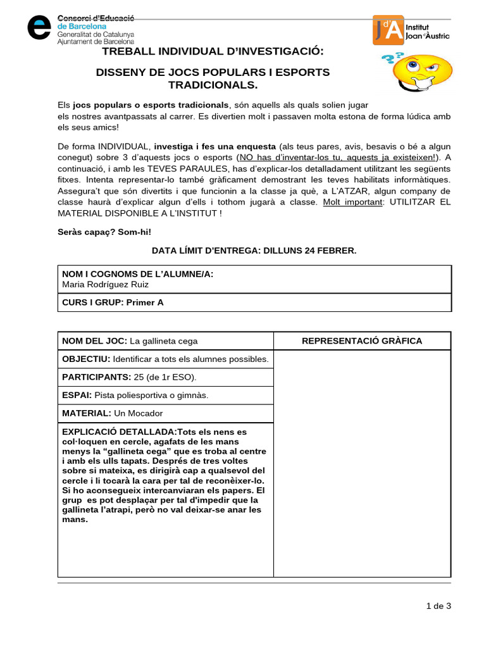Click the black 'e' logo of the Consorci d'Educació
(x=39, y=27)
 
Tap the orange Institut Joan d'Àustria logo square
(x=387, y=30)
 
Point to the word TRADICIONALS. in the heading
(x=213, y=85)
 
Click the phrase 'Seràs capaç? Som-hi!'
(x=104, y=232)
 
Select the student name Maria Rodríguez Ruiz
(x=105, y=284)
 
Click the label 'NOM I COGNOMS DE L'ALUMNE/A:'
(x=137, y=274)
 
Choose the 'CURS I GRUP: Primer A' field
(x=113, y=302)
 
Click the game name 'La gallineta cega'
(x=164, y=341)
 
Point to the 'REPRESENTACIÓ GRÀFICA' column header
(x=361, y=341)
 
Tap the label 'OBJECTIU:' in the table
(x=86, y=359)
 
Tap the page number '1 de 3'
(x=439, y=606)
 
